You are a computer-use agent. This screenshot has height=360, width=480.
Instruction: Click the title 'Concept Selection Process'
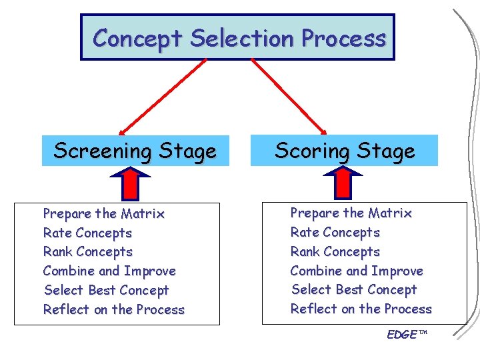(x=239, y=38)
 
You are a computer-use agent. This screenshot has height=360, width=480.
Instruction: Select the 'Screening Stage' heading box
(x=135, y=151)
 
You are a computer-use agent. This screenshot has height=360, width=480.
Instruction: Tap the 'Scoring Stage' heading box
(x=345, y=151)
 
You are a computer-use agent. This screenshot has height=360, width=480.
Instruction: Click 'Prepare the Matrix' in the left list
(x=103, y=214)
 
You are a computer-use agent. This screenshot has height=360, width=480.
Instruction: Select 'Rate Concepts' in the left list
(x=87, y=233)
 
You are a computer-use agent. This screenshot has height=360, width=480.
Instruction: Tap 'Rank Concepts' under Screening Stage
(x=88, y=252)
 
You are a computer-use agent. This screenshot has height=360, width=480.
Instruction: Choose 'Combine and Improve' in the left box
(x=109, y=271)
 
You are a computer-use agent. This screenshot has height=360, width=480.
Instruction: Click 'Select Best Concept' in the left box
(x=106, y=291)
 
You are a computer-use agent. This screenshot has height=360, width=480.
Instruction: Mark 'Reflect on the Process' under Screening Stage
(x=113, y=310)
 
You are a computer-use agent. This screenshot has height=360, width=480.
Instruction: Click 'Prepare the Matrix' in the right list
(x=351, y=213)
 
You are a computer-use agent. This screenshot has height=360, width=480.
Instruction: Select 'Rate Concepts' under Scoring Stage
(x=335, y=233)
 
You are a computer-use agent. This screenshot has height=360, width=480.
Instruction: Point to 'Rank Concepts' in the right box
(x=335, y=252)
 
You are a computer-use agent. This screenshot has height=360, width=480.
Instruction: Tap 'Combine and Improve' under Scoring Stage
(x=357, y=271)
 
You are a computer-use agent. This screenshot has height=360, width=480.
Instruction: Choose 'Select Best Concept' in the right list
(x=353, y=290)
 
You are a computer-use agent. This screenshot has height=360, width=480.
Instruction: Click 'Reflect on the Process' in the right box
(x=361, y=309)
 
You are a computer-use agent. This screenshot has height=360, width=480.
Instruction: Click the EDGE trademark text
(x=406, y=334)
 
